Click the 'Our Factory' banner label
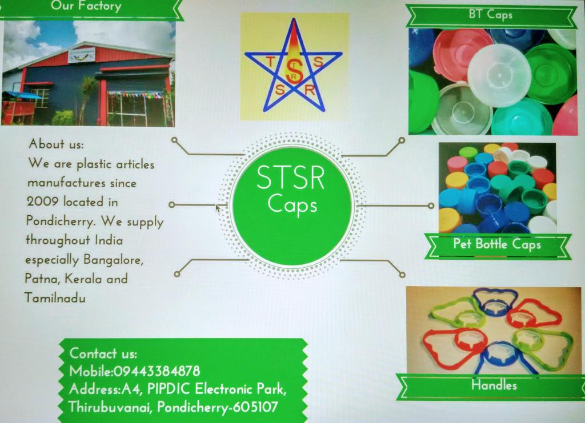click(x=86, y=6)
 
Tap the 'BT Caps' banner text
click(x=491, y=14)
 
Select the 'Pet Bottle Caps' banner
click(x=497, y=244)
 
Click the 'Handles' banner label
click(x=494, y=385)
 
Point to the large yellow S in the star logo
click(x=294, y=71)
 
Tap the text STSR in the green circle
click(x=291, y=178)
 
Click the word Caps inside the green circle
click(x=292, y=204)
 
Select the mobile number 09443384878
click(x=157, y=371)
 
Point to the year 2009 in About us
click(x=43, y=202)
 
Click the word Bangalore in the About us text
click(x=113, y=260)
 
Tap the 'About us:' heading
click(x=57, y=144)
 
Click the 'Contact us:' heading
click(x=103, y=353)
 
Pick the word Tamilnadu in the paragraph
click(x=55, y=298)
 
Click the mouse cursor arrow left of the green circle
click(x=218, y=208)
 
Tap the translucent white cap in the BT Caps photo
click(x=499, y=76)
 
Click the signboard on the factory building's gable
click(x=81, y=55)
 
